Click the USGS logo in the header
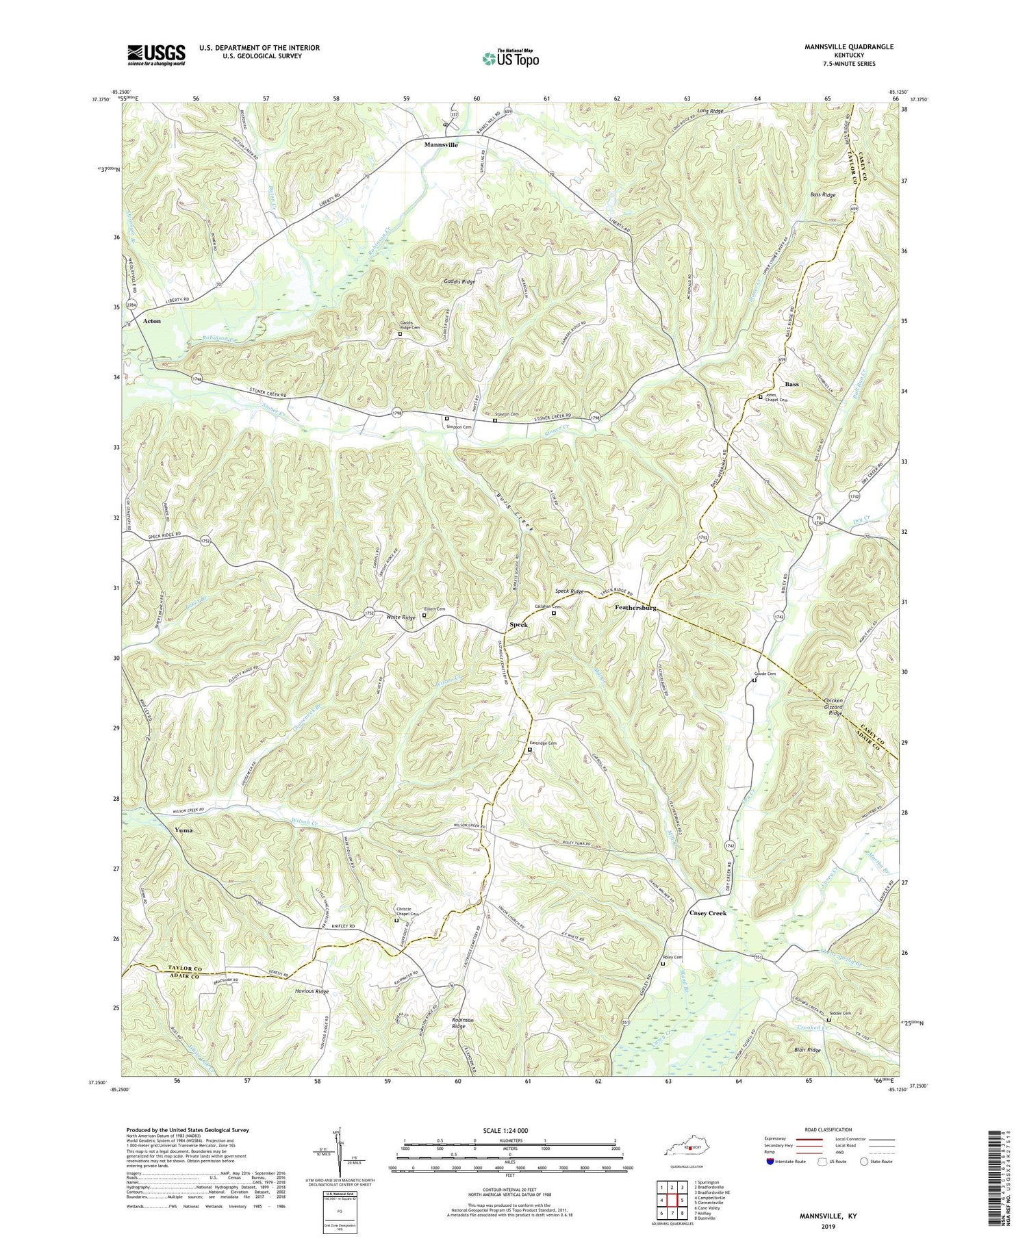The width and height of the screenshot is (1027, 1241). point(155,55)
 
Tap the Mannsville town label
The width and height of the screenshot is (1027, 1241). point(441,145)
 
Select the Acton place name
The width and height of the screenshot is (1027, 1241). point(151,320)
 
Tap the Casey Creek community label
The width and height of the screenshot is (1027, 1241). point(703,913)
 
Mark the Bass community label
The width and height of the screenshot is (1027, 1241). point(791,384)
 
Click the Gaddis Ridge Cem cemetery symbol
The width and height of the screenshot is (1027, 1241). point(401,335)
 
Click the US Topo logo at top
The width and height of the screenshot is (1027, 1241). point(510,58)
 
